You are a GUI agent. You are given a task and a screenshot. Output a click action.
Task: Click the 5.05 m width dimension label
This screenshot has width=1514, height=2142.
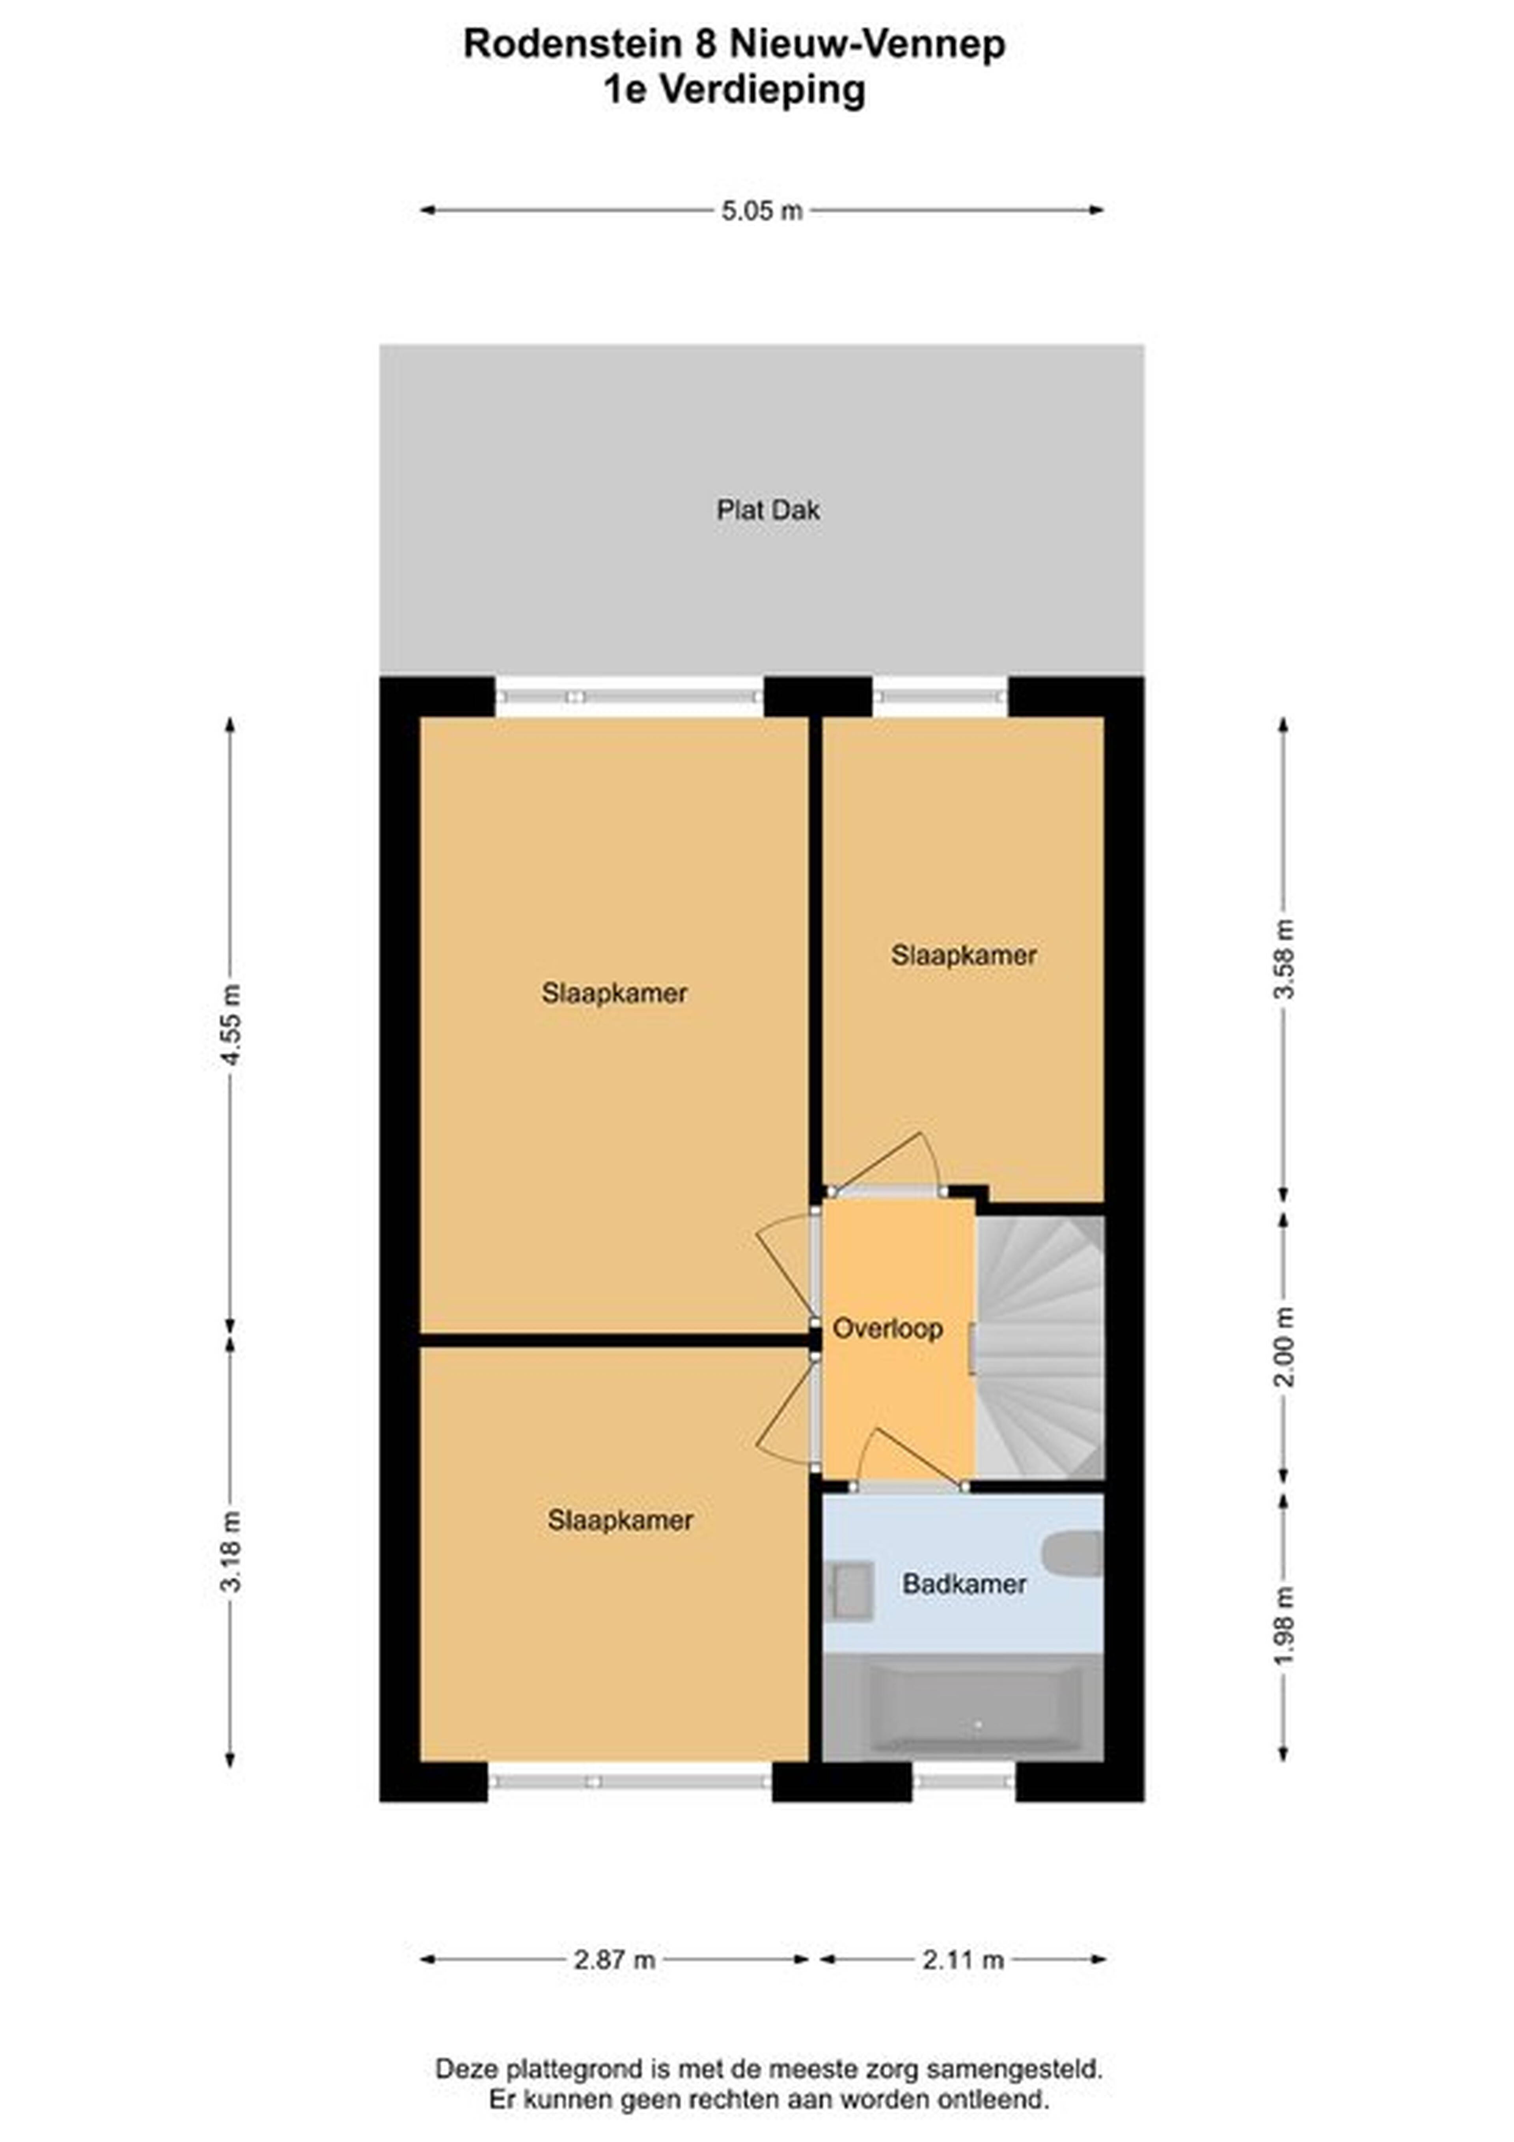[x=761, y=211]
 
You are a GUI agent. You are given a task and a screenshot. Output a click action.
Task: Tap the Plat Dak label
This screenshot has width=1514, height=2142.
[x=768, y=510]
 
